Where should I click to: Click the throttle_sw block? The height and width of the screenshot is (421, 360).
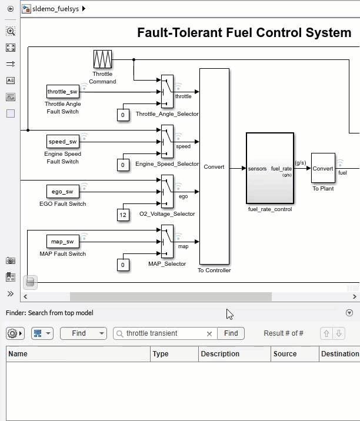(62, 91)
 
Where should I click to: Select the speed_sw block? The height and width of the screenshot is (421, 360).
(62, 141)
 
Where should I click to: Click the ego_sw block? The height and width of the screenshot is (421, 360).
(62, 191)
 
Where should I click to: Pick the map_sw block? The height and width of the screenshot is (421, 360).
(62, 241)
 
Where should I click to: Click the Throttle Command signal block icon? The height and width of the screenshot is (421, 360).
(102, 59)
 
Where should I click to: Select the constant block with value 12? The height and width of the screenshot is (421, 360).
(123, 215)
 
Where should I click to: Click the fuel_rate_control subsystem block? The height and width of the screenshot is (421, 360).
(269, 168)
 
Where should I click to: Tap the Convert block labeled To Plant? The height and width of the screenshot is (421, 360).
(323, 168)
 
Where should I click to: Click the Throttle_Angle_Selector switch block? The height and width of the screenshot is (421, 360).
(167, 92)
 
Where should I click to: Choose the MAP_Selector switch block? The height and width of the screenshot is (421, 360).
(167, 241)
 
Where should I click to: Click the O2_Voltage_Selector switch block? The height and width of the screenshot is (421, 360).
(167, 191)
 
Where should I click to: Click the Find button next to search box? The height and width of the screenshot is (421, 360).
(231, 333)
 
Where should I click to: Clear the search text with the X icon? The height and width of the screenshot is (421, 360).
(209, 333)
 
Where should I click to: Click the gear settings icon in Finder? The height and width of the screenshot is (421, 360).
(12, 333)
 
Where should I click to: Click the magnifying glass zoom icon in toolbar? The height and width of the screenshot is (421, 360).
(11, 31)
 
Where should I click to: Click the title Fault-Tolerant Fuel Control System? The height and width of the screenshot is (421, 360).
(244, 32)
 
